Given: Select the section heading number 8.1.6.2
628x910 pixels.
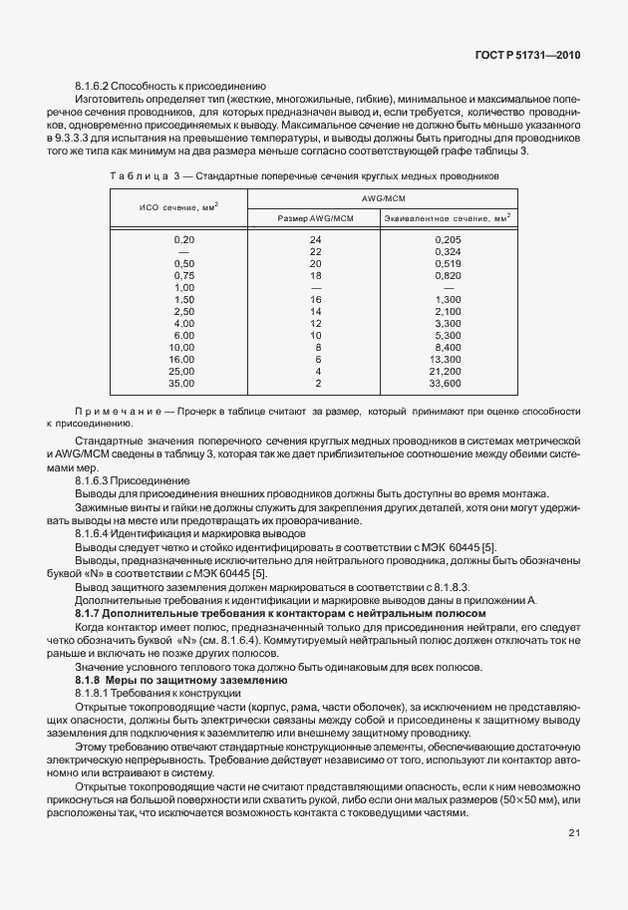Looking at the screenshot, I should (x=98, y=86).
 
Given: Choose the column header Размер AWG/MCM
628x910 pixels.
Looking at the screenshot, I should (x=315, y=217).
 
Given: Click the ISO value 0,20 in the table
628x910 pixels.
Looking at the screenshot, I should (x=184, y=240).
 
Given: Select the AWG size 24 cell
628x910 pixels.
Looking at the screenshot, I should (x=316, y=240).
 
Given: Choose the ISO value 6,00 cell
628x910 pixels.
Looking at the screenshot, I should (x=184, y=335).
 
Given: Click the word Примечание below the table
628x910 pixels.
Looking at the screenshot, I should (x=110, y=412).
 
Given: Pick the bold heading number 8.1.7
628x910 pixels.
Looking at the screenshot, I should (x=91, y=612).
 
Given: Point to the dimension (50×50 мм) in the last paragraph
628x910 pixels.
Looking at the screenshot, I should (x=530, y=800).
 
